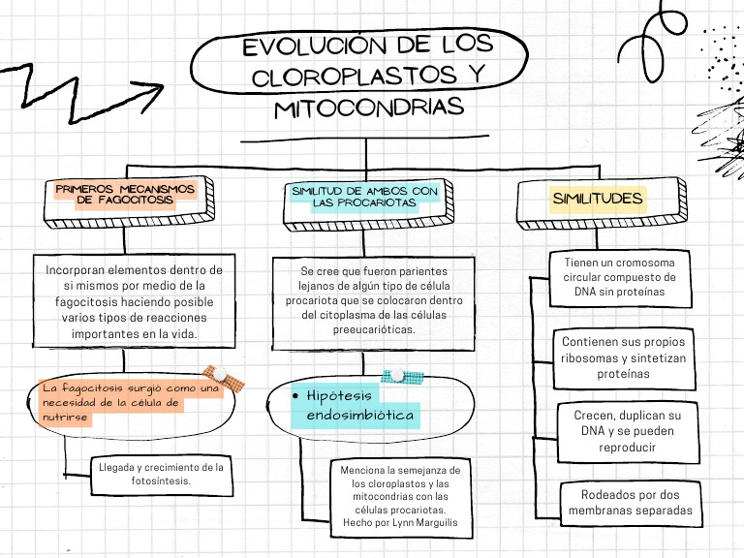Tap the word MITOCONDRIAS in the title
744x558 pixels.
(x=369, y=108)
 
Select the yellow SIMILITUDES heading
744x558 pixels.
(x=598, y=200)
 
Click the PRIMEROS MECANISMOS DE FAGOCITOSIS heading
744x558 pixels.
(x=125, y=195)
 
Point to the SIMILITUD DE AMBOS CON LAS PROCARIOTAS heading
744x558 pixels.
(x=364, y=197)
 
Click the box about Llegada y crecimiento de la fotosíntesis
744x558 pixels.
(x=161, y=474)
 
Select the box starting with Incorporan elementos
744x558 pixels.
(x=134, y=300)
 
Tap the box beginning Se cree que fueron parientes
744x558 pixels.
(x=373, y=301)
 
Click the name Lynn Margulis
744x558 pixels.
(x=419, y=523)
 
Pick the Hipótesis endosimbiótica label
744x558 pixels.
(x=360, y=406)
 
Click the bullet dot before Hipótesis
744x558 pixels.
(x=295, y=397)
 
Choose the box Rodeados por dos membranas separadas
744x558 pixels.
(x=630, y=502)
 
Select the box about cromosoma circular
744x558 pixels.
(x=626, y=276)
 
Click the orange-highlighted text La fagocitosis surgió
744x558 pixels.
(x=130, y=402)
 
